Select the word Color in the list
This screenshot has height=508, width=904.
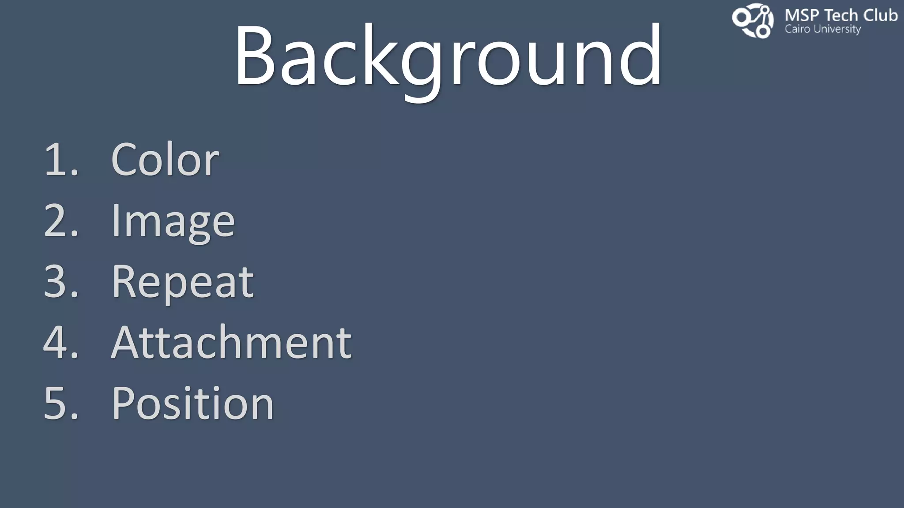click(x=165, y=160)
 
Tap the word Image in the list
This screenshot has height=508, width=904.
click(x=173, y=220)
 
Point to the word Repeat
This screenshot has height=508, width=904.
click(x=183, y=282)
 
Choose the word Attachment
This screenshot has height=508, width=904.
click(x=231, y=343)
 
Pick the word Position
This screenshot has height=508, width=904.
click(x=193, y=403)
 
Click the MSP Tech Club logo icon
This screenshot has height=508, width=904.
click(x=753, y=20)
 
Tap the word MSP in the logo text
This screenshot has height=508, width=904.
click(x=802, y=16)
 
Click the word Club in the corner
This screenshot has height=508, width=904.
click(x=880, y=16)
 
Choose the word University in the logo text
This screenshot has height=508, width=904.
click(x=837, y=30)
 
